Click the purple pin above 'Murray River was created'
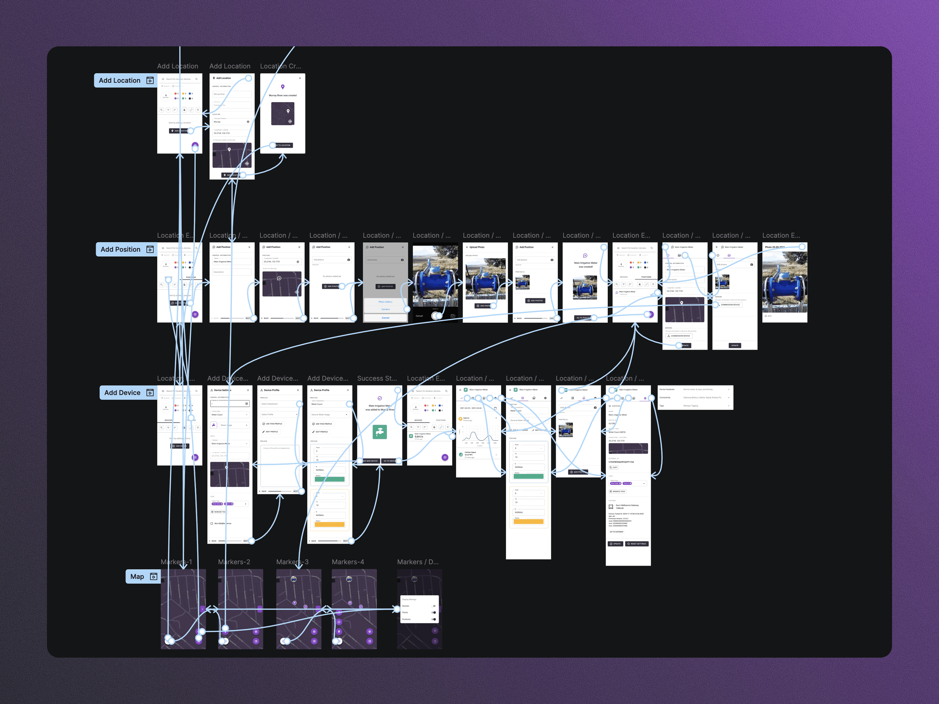pyautogui.click(x=283, y=87)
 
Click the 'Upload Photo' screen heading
pyautogui.click(x=477, y=247)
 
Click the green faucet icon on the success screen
pyautogui.click(x=379, y=431)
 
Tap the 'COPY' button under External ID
pyautogui.click(x=614, y=467)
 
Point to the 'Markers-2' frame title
pyautogui.click(x=234, y=562)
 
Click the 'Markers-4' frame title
pyautogui.click(x=348, y=562)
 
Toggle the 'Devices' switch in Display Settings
pyautogui.click(x=433, y=606)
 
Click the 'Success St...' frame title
pyautogui.click(x=377, y=378)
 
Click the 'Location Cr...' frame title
pyautogui.click(x=281, y=66)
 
